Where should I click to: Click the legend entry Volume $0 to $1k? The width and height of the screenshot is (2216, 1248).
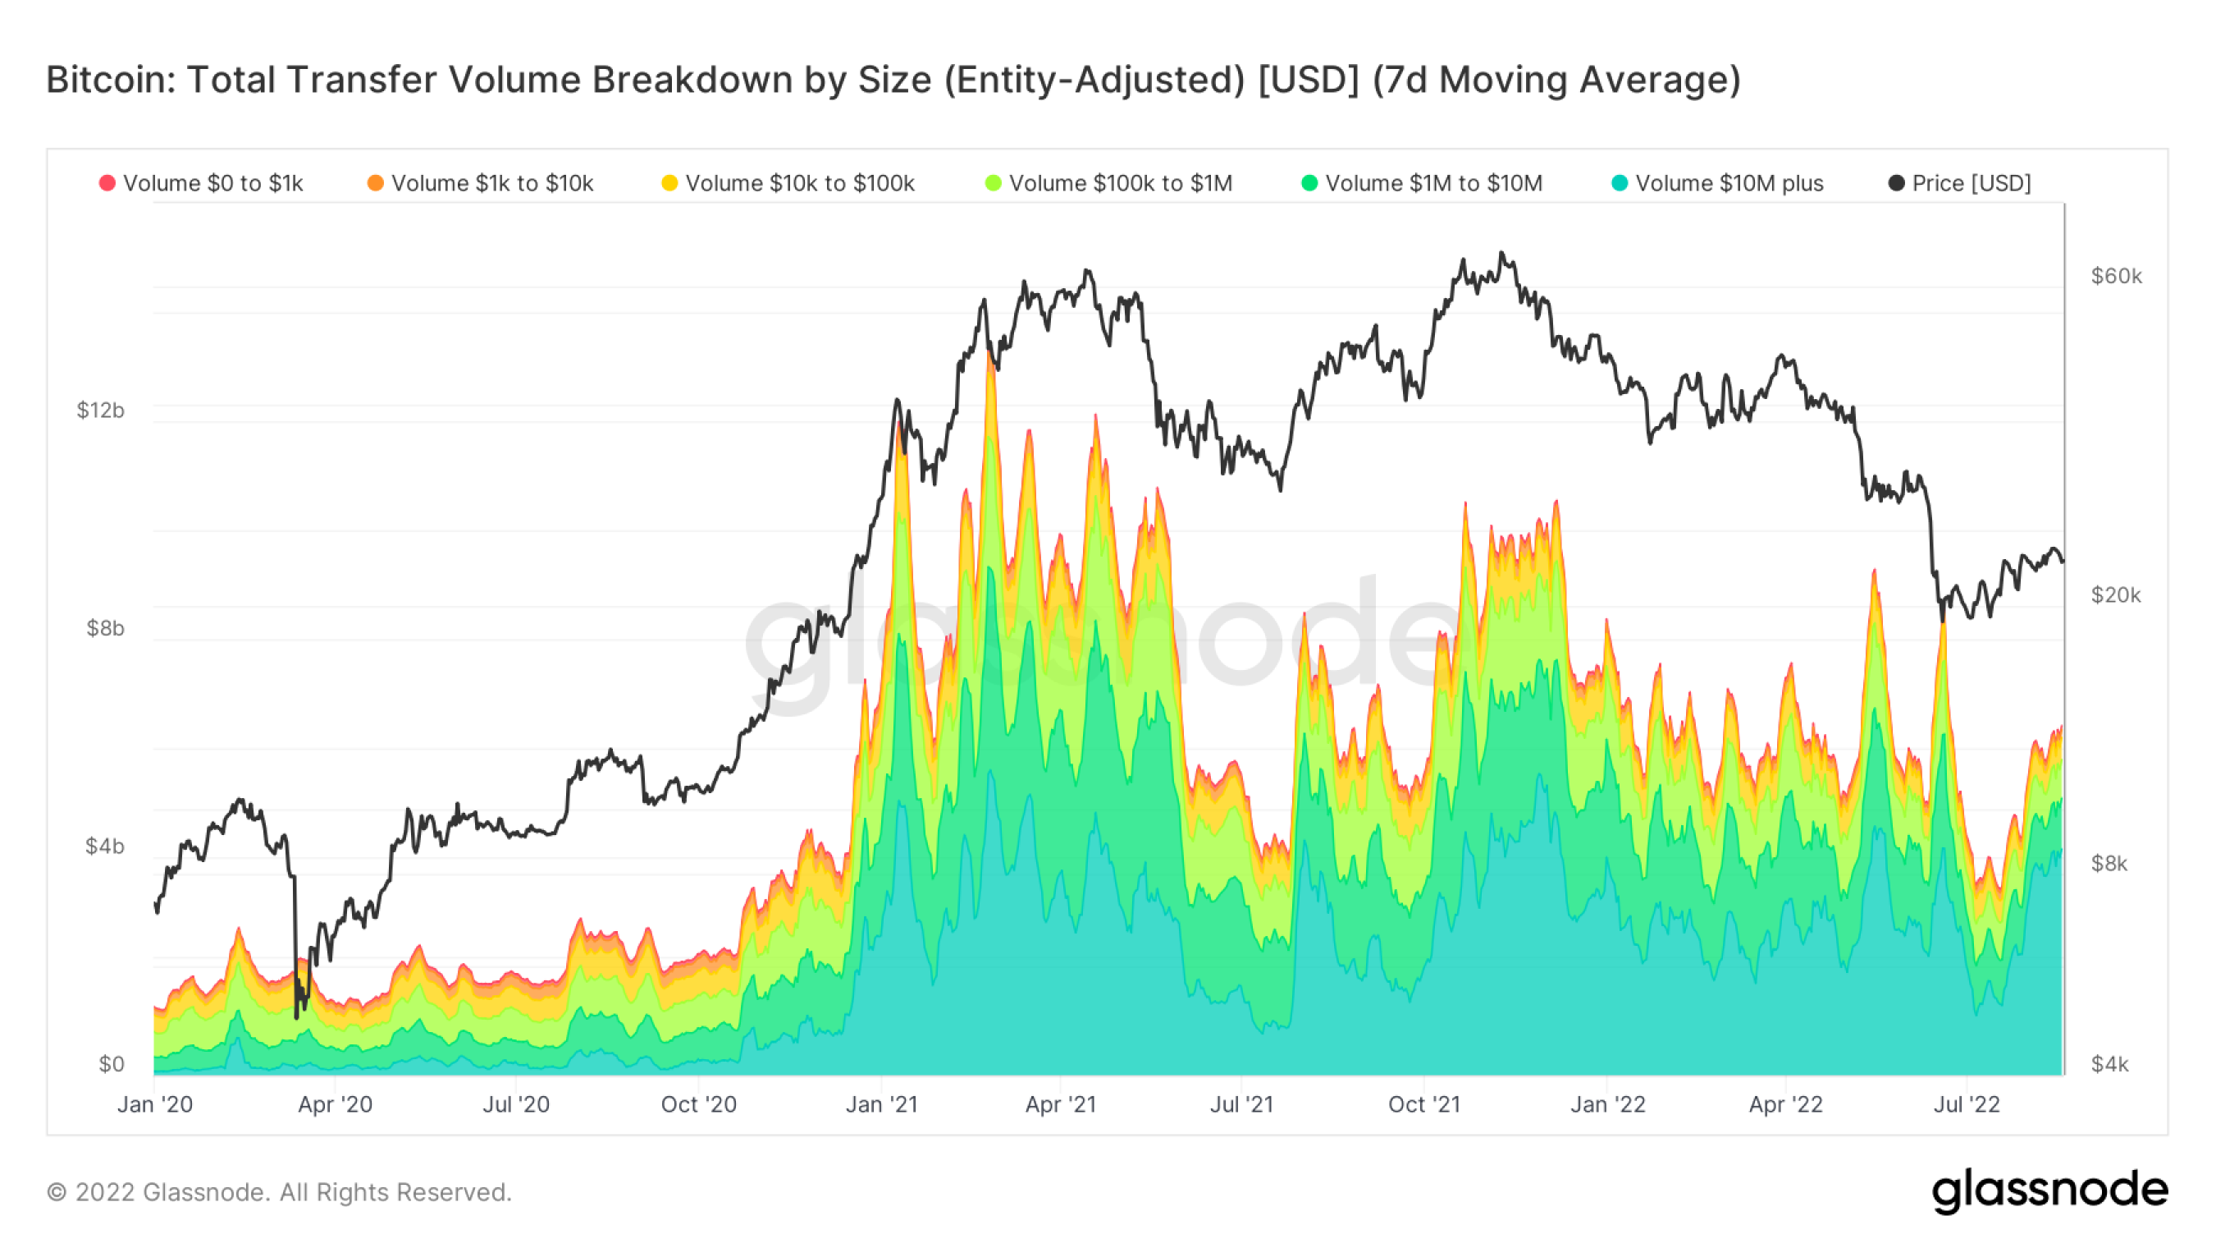pos(202,183)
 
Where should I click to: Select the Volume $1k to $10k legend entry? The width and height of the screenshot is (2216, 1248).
pos(481,183)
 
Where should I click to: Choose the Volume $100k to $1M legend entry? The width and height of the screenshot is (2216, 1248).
pos(1109,183)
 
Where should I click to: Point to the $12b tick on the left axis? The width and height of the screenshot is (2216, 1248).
pos(101,411)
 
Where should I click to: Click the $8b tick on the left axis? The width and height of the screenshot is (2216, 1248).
pos(105,628)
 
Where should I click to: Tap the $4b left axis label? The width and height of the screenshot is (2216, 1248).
pos(105,846)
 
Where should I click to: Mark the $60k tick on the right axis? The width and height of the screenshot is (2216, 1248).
pos(2116,276)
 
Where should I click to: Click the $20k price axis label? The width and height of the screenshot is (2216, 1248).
pos(2116,594)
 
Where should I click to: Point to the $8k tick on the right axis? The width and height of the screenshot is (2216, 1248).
pos(2109,863)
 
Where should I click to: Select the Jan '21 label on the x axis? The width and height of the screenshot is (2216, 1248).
pos(882,1104)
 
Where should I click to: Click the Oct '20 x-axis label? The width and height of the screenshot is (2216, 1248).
pos(698,1104)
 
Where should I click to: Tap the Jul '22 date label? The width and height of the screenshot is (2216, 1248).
pos(1967,1104)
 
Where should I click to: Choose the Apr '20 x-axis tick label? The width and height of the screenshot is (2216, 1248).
pos(335,1104)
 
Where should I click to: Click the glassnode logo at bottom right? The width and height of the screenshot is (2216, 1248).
pos(2050,1191)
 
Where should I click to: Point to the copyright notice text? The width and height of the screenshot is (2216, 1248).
pos(279,1192)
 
